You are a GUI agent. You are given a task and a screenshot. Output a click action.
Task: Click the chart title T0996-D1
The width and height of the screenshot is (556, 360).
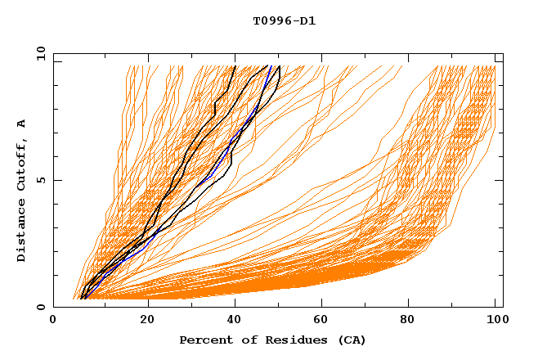coord(284,21)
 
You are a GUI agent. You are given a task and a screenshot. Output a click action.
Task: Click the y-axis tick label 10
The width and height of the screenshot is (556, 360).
coord(39,54)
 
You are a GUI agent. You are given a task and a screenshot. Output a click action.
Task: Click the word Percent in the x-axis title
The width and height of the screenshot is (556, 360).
coord(204,340)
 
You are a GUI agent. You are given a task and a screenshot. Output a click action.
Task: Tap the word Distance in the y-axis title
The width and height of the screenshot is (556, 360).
coord(22,234)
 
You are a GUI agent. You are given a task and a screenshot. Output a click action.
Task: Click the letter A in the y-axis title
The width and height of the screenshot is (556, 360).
coord(22,123)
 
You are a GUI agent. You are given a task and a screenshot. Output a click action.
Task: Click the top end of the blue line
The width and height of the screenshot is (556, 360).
coord(271,66)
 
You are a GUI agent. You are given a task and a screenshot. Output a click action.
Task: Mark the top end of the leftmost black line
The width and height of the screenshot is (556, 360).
coord(235,66)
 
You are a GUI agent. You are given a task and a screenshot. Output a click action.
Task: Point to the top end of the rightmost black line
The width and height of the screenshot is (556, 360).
coord(280,66)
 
